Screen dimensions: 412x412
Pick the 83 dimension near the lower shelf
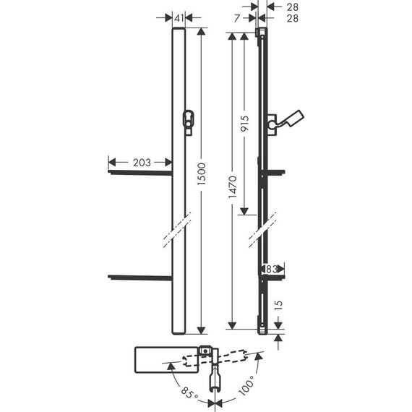click(x=270, y=268)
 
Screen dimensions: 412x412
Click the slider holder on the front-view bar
click(x=189, y=123)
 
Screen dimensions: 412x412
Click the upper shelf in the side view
click(x=277, y=173)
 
